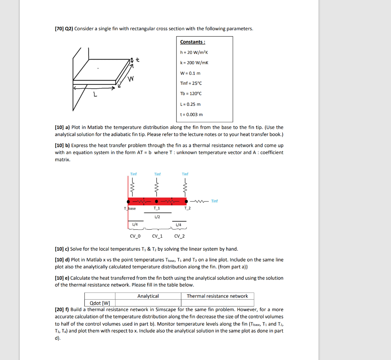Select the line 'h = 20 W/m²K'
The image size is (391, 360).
pos(194,52)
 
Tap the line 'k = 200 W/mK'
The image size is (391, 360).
pos(194,63)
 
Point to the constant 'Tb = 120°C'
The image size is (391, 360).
pos(191,94)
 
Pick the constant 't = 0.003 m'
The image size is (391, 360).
pos(191,114)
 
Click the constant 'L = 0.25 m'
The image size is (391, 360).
pos(190,104)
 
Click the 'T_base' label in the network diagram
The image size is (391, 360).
pos(130,208)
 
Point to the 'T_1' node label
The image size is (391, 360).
pos(157,208)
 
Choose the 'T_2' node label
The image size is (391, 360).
pos(187,208)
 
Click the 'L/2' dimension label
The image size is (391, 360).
pos(157,217)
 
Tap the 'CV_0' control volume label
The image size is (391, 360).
pos(135,236)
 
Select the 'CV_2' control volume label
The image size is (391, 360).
pos(179,236)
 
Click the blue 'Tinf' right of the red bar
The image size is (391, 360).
pos(215,201)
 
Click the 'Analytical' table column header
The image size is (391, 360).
pos(148,296)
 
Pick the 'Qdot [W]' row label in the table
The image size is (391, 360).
pos(99,303)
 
